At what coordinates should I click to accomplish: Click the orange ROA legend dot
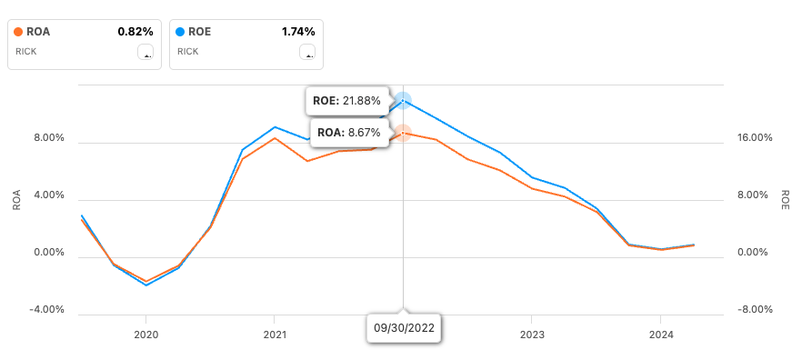coord(19,32)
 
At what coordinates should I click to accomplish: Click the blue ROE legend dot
coord(180,32)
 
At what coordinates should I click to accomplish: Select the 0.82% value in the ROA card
coord(135,32)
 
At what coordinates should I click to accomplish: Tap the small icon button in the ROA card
coord(145,52)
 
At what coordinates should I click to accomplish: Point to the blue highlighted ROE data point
coord(403,100)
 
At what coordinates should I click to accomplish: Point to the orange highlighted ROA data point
coord(403,133)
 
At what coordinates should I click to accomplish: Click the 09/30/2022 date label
coord(404,327)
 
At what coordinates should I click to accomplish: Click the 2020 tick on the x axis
coord(145,335)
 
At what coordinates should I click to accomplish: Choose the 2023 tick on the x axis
coord(532,335)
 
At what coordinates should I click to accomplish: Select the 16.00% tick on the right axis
coord(754,139)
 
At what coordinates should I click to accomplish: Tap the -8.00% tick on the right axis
coord(754,310)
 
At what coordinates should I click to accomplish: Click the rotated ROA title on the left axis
coord(16,200)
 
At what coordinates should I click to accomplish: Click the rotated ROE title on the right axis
coord(786,200)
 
